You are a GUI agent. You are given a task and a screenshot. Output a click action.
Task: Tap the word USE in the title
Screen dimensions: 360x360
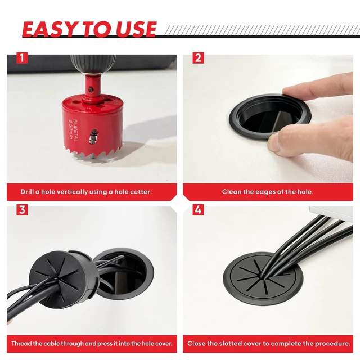pyautogui.click(x=136, y=29)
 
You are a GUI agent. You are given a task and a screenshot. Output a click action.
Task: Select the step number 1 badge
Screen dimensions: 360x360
pyautogui.click(x=22, y=58)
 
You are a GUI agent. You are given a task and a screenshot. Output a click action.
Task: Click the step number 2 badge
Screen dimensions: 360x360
pyautogui.click(x=198, y=58)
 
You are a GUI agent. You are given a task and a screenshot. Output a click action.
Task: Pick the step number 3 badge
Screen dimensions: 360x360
pyautogui.click(x=22, y=210)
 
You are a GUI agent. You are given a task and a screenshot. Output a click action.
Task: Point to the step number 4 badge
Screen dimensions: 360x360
pyautogui.click(x=198, y=210)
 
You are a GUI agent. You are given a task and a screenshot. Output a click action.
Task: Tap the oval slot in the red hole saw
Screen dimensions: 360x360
pyautogui.click(x=93, y=137)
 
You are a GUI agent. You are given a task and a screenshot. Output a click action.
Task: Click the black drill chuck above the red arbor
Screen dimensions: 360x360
pyautogui.click(x=92, y=64)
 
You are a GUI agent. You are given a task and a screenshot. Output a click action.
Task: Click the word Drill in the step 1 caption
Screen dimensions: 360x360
pyautogui.click(x=27, y=192)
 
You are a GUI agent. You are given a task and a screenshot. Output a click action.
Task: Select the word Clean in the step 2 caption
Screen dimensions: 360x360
pyautogui.click(x=231, y=192)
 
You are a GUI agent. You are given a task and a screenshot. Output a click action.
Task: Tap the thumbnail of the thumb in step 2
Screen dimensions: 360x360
pyautogui.click(x=273, y=142)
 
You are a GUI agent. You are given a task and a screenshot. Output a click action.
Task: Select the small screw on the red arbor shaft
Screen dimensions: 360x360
pyautogui.click(x=91, y=89)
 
